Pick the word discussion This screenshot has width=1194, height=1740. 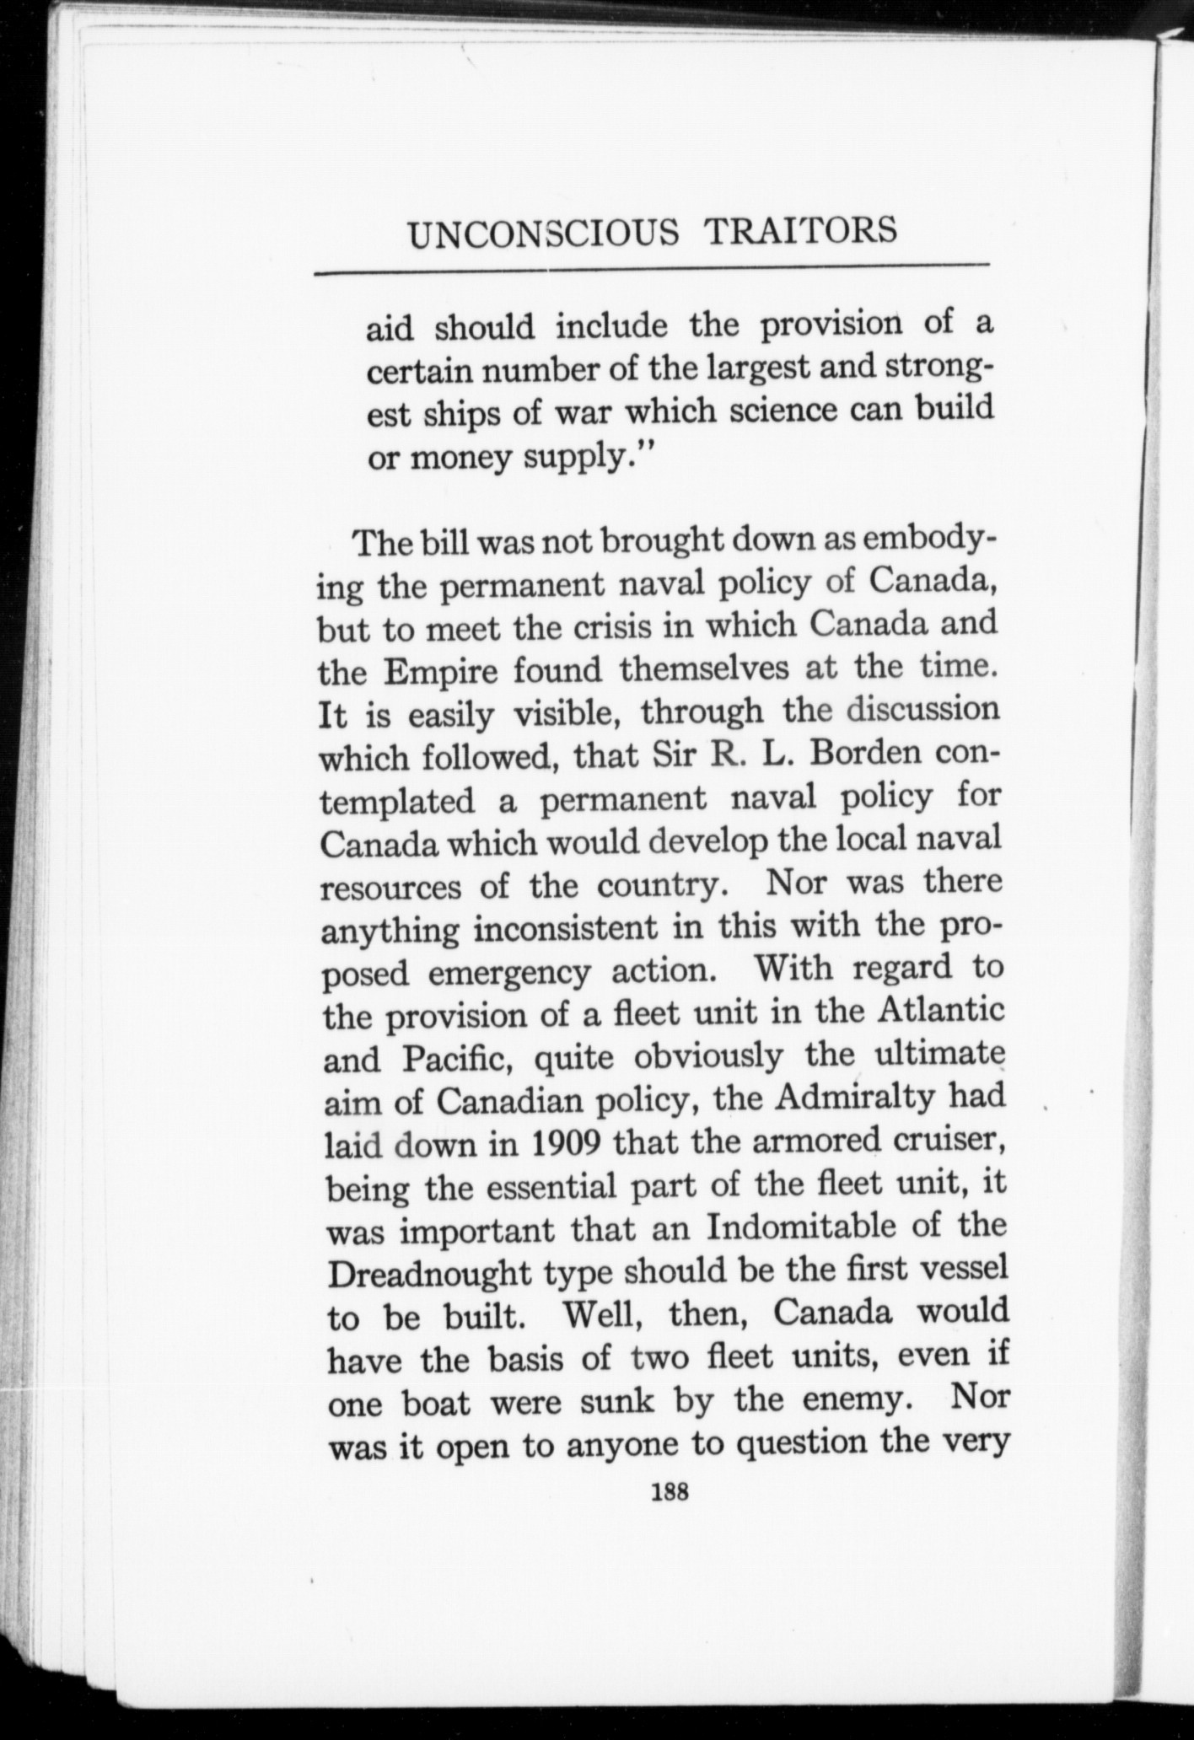pos(923,709)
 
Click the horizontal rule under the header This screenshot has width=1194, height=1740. pos(650,271)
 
